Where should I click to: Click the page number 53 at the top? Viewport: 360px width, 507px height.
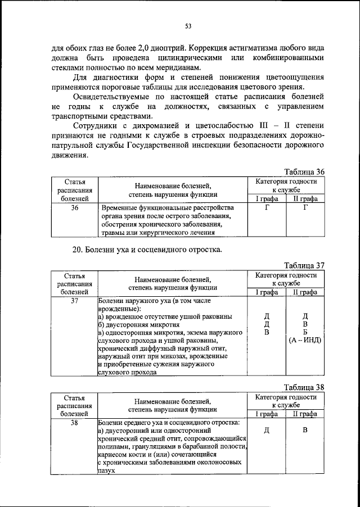pos(188,25)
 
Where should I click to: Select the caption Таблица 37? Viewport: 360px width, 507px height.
pos(304,266)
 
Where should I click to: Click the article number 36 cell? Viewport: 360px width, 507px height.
pos(74,208)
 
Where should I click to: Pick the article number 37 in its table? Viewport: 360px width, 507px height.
pos(74,301)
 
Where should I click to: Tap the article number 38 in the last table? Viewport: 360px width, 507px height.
pos(74,422)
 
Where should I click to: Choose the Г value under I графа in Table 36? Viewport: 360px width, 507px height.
pos(266,208)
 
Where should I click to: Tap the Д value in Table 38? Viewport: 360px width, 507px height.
pos(266,431)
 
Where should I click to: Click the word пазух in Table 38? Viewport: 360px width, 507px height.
pos(106,471)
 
